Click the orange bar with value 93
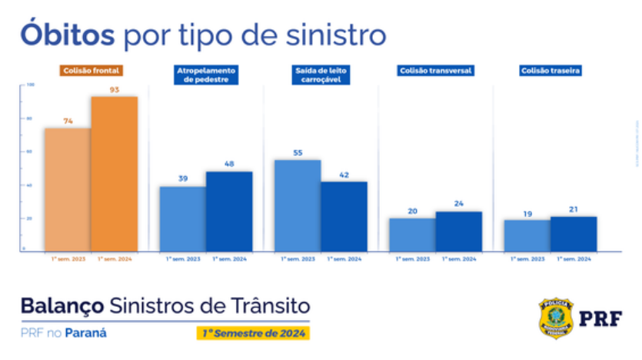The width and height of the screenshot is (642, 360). (115, 174)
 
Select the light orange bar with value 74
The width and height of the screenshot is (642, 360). (68, 189)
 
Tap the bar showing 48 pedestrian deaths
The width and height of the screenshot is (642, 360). (229, 212)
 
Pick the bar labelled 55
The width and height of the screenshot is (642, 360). (298, 205)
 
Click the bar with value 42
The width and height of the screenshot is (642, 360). (344, 216)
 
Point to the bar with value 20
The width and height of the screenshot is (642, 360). (412, 235)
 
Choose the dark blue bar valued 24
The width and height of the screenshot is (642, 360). (458, 232)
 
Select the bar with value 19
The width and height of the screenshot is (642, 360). (527, 235)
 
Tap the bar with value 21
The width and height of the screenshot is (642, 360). (574, 234)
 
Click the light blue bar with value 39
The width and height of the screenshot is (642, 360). (183, 218)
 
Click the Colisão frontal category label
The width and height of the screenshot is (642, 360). (91, 71)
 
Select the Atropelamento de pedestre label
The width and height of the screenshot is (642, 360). (206, 75)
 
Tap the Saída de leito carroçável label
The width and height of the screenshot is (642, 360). (321, 75)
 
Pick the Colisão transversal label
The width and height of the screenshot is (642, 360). (435, 71)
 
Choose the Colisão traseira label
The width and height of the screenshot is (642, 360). (550, 71)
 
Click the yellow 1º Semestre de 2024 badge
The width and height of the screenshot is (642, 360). (251, 333)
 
